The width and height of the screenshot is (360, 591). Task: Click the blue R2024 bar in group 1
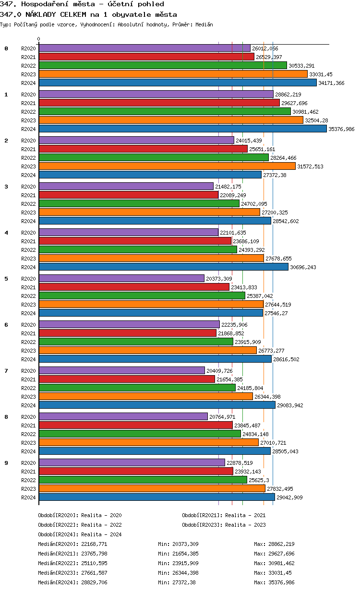[x=182, y=129]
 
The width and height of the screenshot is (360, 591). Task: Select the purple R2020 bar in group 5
[x=121, y=279]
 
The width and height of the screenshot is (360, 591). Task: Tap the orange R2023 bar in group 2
[x=167, y=166]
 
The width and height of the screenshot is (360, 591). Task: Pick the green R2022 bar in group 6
[x=136, y=342]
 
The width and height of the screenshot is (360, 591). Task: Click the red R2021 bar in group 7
[x=127, y=379]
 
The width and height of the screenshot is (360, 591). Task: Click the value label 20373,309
[x=219, y=279]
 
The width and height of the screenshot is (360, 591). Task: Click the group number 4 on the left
[x=6, y=233]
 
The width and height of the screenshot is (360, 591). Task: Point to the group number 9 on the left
[x=6, y=463]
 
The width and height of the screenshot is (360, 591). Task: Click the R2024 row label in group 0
[x=28, y=83]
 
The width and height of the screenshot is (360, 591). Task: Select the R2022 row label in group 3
[x=28, y=204]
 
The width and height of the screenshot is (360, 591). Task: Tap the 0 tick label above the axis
[x=39, y=39]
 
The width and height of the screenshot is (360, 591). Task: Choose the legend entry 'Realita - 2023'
[x=245, y=525]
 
